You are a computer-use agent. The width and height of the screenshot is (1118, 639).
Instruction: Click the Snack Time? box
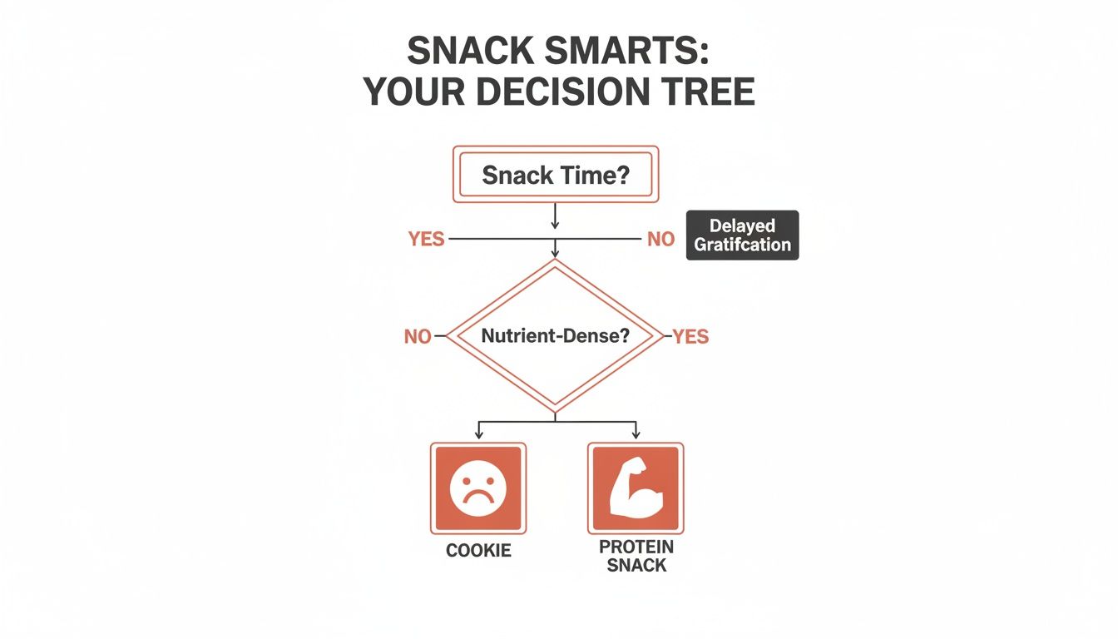[555, 175]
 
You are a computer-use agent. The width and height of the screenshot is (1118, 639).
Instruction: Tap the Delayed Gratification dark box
[742, 235]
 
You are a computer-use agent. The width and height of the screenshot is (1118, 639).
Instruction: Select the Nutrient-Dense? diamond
[555, 336]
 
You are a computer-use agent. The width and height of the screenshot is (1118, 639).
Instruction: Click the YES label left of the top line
[427, 240]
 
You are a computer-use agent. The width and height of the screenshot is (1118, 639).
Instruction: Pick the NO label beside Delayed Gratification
[660, 240]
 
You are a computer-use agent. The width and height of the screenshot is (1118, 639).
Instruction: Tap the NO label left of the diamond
[418, 337]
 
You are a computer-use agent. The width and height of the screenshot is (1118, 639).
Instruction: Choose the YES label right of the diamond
[690, 337]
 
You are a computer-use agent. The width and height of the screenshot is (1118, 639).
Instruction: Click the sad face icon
[477, 488]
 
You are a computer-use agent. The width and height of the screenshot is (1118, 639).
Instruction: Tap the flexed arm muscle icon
[635, 488]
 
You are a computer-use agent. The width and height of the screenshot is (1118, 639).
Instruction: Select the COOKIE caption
[478, 551]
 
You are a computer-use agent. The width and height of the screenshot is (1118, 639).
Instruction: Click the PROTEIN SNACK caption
[636, 557]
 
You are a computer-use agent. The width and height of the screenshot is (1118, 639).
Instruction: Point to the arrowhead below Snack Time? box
[555, 224]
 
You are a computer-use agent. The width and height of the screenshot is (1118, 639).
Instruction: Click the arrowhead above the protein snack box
[636, 435]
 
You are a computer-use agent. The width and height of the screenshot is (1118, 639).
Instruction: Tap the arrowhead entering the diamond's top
[555, 251]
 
